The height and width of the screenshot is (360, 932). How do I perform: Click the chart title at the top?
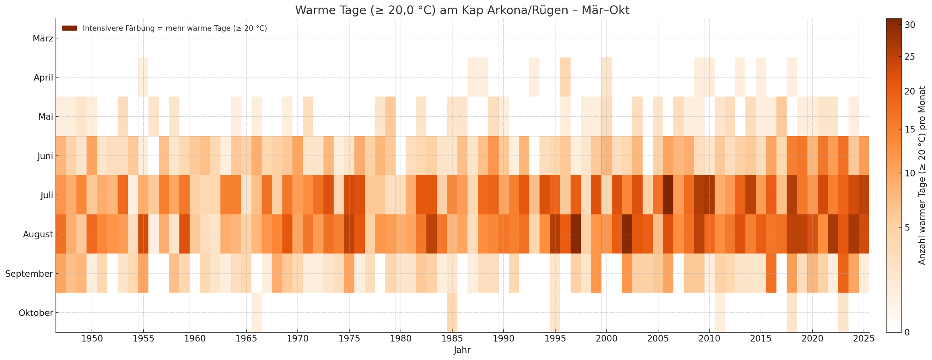pyautogui.click(x=462, y=10)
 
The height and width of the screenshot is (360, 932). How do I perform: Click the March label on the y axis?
pyautogui.click(x=43, y=39)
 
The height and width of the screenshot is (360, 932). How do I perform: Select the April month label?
pyautogui.click(x=43, y=78)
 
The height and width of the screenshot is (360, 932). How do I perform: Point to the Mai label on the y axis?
pyautogui.click(x=45, y=117)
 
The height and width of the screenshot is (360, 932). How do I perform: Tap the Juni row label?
pyautogui.click(x=45, y=156)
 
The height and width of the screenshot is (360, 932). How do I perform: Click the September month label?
pyautogui.click(x=29, y=274)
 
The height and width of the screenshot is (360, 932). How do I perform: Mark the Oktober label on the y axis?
pyautogui.click(x=36, y=313)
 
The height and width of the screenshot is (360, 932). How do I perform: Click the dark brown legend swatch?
pyautogui.click(x=70, y=28)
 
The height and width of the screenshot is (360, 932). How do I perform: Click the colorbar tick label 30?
pyautogui.click(x=910, y=25)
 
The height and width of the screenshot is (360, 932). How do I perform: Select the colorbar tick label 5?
pyautogui.click(x=907, y=228)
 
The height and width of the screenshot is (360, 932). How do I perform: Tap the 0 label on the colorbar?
pyautogui.click(x=907, y=332)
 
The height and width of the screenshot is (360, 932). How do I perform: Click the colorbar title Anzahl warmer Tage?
pyautogui.click(x=922, y=175)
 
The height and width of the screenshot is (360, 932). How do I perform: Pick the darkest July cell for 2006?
pyautogui.click(x=668, y=195)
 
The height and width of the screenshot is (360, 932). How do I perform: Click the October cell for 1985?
pyautogui.click(x=452, y=313)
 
